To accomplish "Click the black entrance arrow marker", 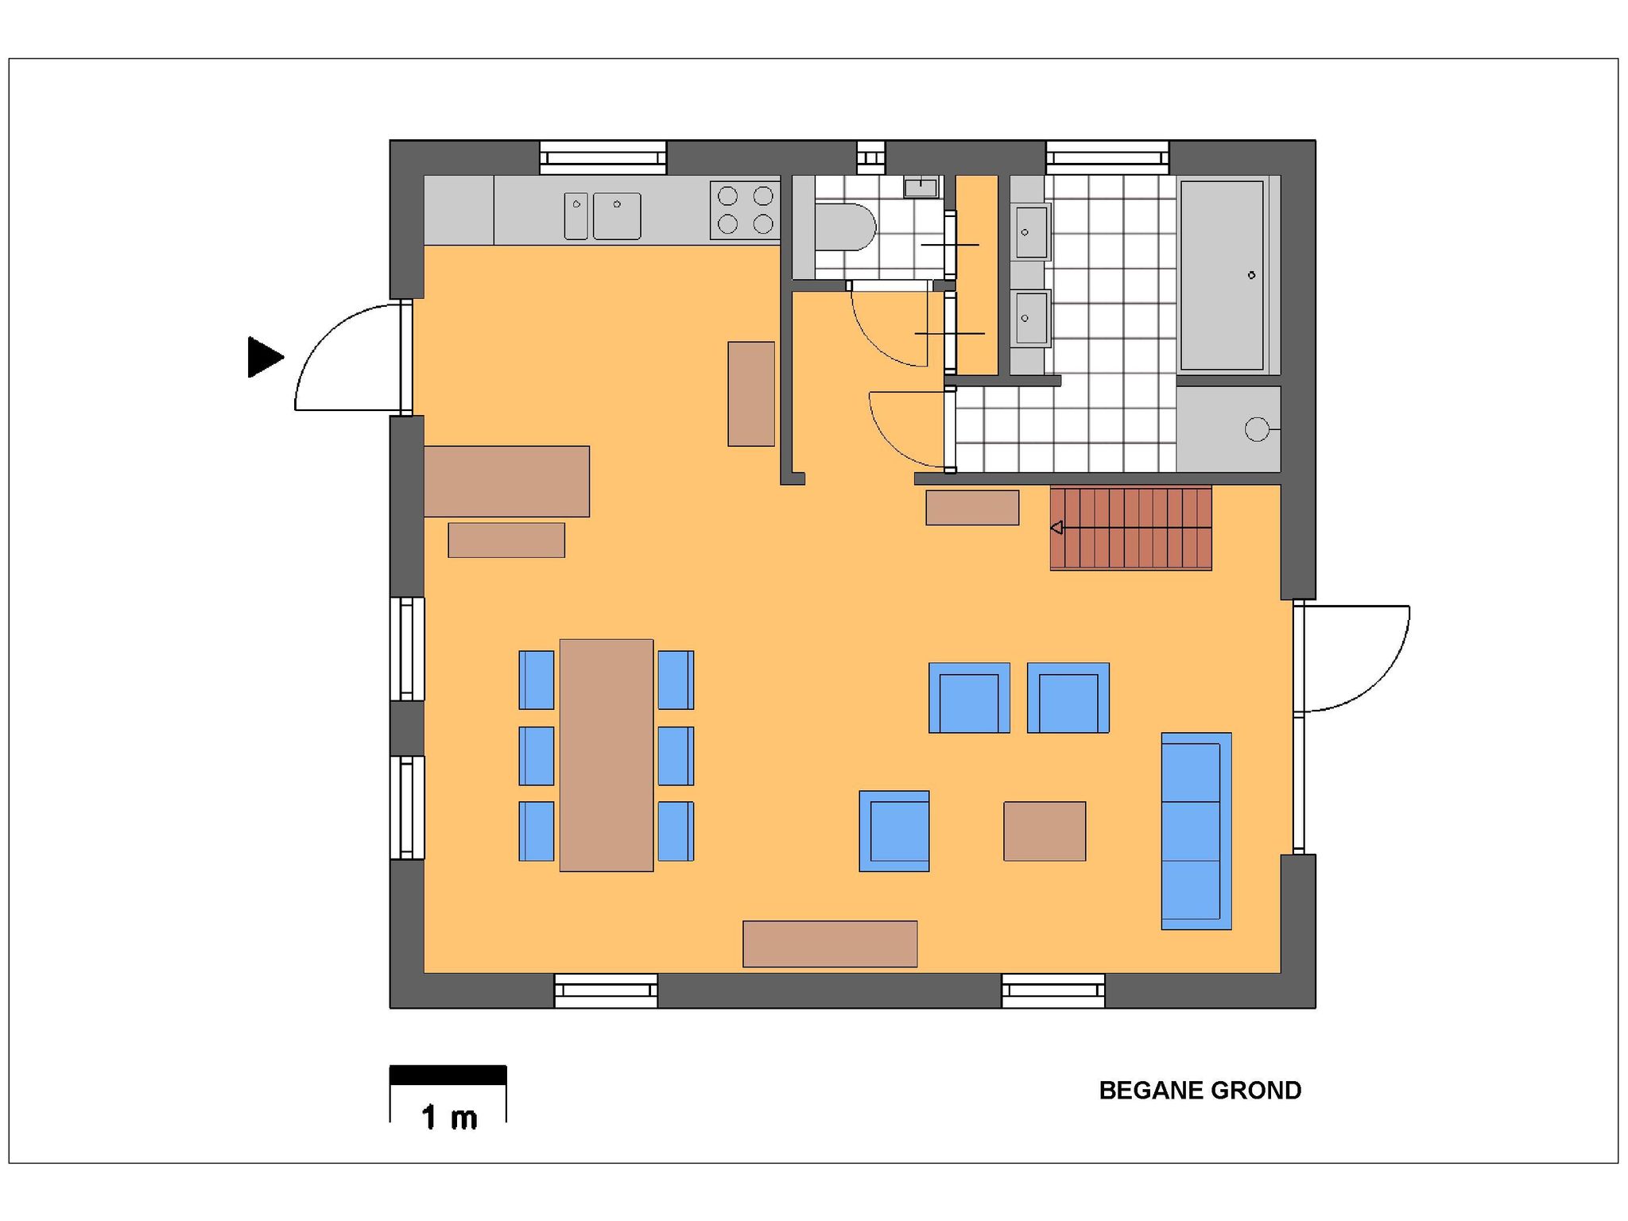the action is [x=265, y=357].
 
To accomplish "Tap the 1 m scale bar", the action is [x=448, y=1075].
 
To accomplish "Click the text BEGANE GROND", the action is [x=1200, y=1091].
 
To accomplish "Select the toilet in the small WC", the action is [x=845, y=227].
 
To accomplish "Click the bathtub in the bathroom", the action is [x=1222, y=275].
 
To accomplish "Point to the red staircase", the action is [x=1130, y=528].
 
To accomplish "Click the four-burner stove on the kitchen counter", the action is [x=745, y=210].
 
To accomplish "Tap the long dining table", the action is [x=607, y=755].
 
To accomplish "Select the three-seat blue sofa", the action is [x=1196, y=831].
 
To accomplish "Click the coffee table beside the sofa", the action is [x=1045, y=831].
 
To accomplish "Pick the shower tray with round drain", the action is [x=1228, y=429].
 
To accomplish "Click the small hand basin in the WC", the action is [x=921, y=188].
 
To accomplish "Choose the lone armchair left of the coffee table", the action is [x=894, y=831].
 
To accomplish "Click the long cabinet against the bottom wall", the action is [x=830, y=944].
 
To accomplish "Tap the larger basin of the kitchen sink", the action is [x=617, y=215].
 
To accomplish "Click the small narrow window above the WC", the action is [x=870, y=157].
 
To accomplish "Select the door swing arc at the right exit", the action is [x=1379, y=676].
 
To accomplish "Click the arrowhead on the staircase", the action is [x=1057, y=528].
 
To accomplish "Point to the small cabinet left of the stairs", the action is [x=972, y=507].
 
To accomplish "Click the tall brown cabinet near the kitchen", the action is [x=751, y=393].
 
